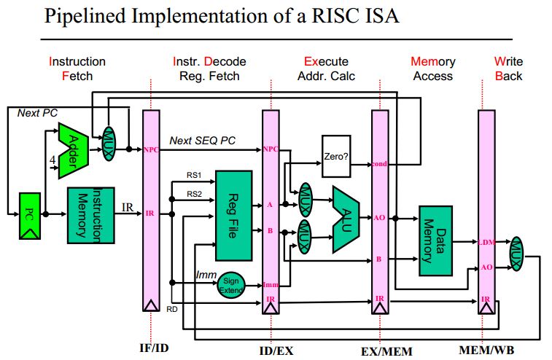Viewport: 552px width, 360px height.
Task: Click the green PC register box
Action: [29, 216]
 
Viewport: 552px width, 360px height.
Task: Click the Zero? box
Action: [336, 156]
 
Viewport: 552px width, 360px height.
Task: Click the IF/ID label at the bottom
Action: [154, 348]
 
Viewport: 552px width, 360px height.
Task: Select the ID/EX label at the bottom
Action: [275, 351]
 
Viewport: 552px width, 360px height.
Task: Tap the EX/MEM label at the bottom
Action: [386, 351]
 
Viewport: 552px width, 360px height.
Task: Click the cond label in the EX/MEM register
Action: [379, 164]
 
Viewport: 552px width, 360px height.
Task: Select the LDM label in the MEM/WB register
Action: [487, 243]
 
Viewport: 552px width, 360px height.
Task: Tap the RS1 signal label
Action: [193, 175]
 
